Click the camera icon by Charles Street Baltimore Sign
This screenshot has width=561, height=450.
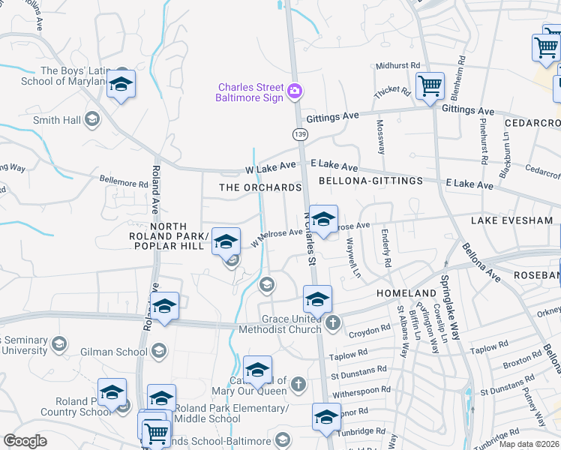pyautogui.click(x=295, y=91)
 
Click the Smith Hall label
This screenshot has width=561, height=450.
pyautogui.click(x=57, y=119)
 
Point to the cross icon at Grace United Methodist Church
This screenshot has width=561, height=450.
pyautogui.click(x=333, y=322)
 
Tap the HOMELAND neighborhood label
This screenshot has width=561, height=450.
pyautogui.click(x=407, y=293)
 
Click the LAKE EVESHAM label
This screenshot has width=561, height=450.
pyautogui.click(x=511, y=220)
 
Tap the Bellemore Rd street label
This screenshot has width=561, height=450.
pyautogui.click(x=124, y=182)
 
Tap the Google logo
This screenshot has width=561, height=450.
pyautogui.click(x=25, y=441)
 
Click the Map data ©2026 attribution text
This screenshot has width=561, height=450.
pyautogui.click(x=529, y=444)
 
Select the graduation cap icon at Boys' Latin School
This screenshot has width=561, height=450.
pyautogui.click(x=120, y=85)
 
